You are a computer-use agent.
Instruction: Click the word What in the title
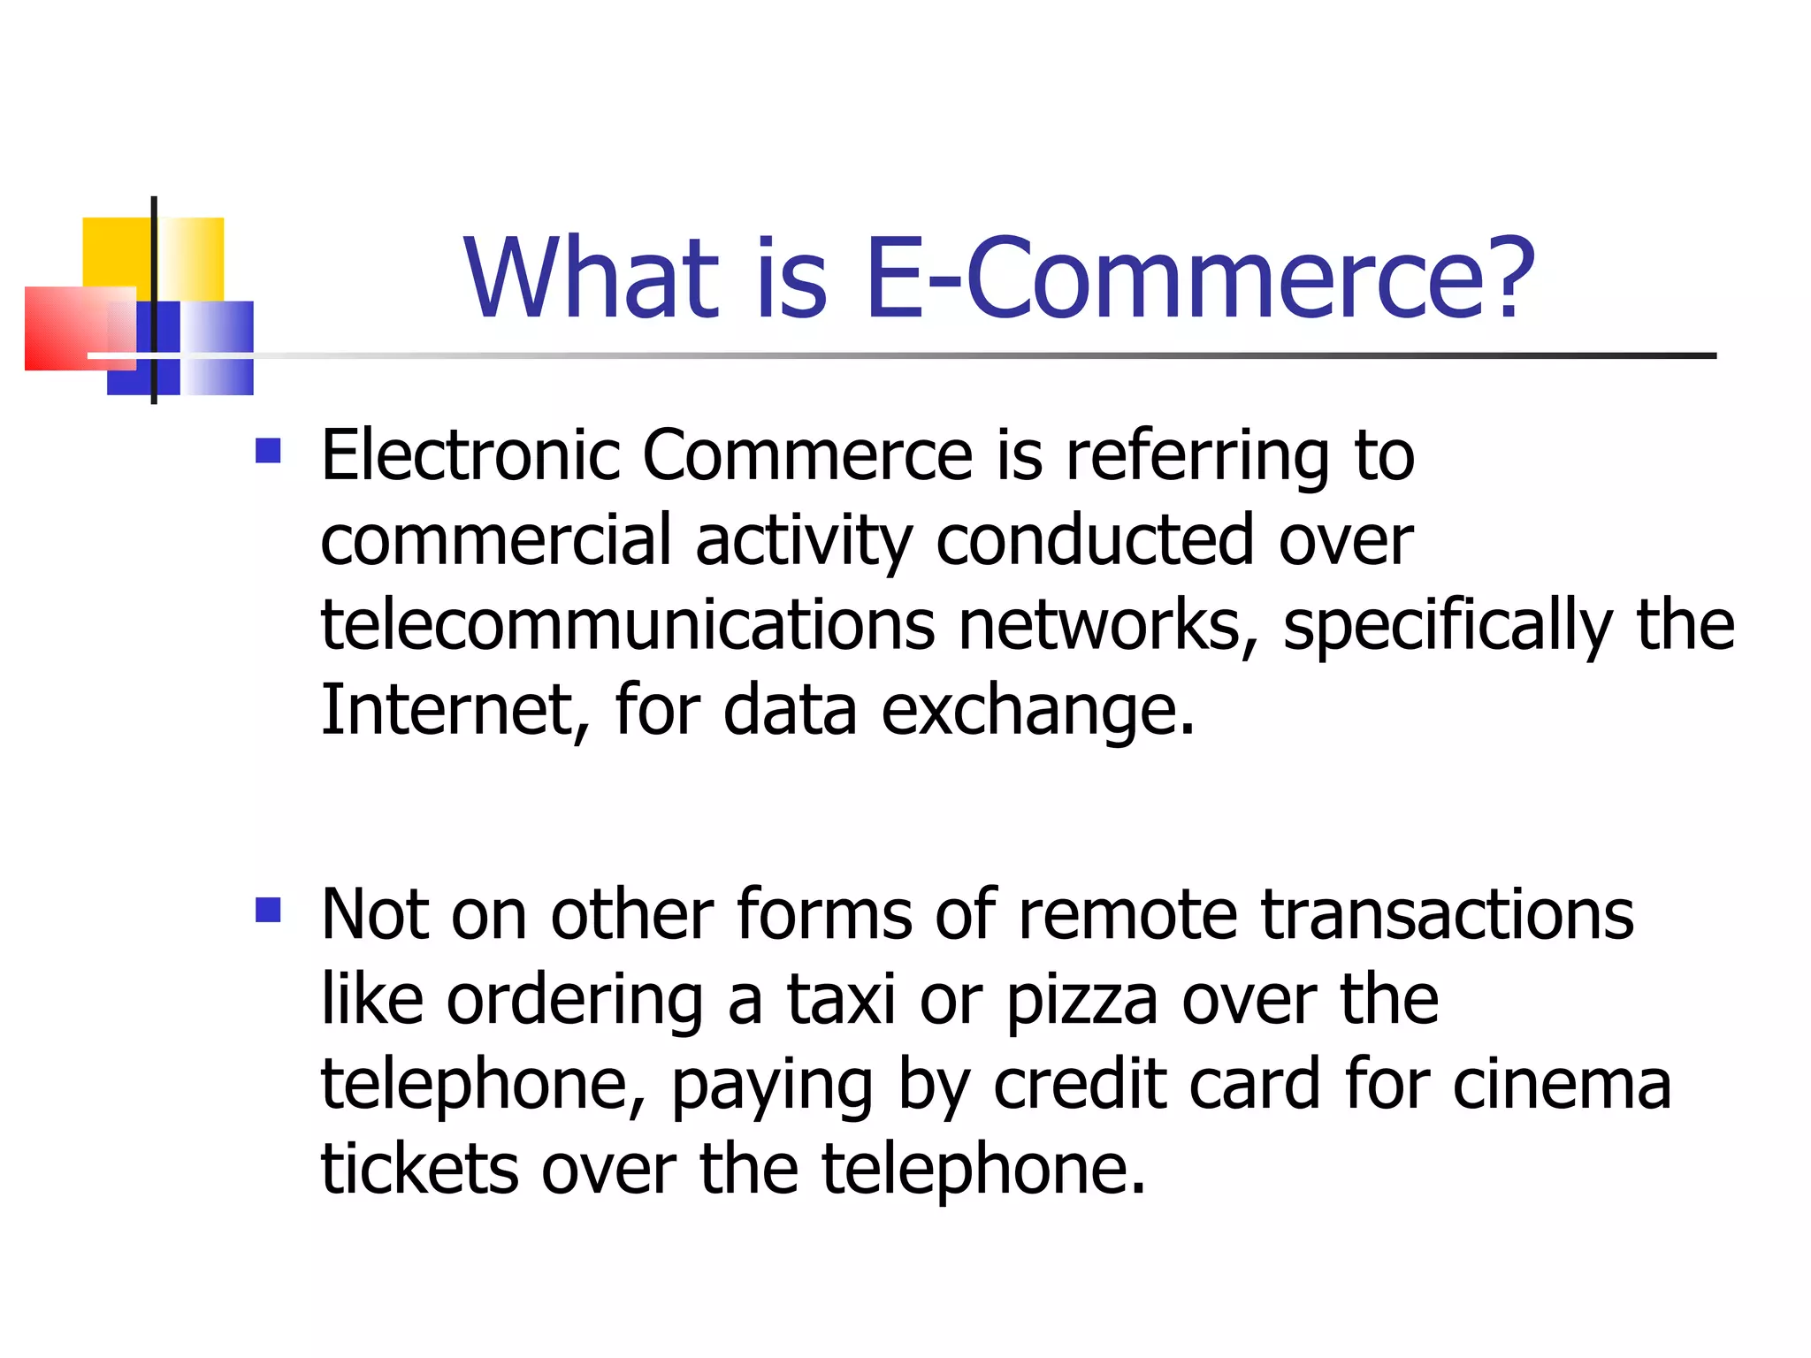(591, 278)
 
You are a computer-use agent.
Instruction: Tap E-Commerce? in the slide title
(1199, 278)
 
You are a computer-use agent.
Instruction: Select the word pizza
(1081, 1001)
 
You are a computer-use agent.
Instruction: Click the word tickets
(418, 1169)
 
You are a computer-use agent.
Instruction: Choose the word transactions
(1447, 914)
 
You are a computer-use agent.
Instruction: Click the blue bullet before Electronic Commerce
(268, 452)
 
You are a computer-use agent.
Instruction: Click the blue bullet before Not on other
(268, 910)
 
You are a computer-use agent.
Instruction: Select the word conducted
(1095, 541)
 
